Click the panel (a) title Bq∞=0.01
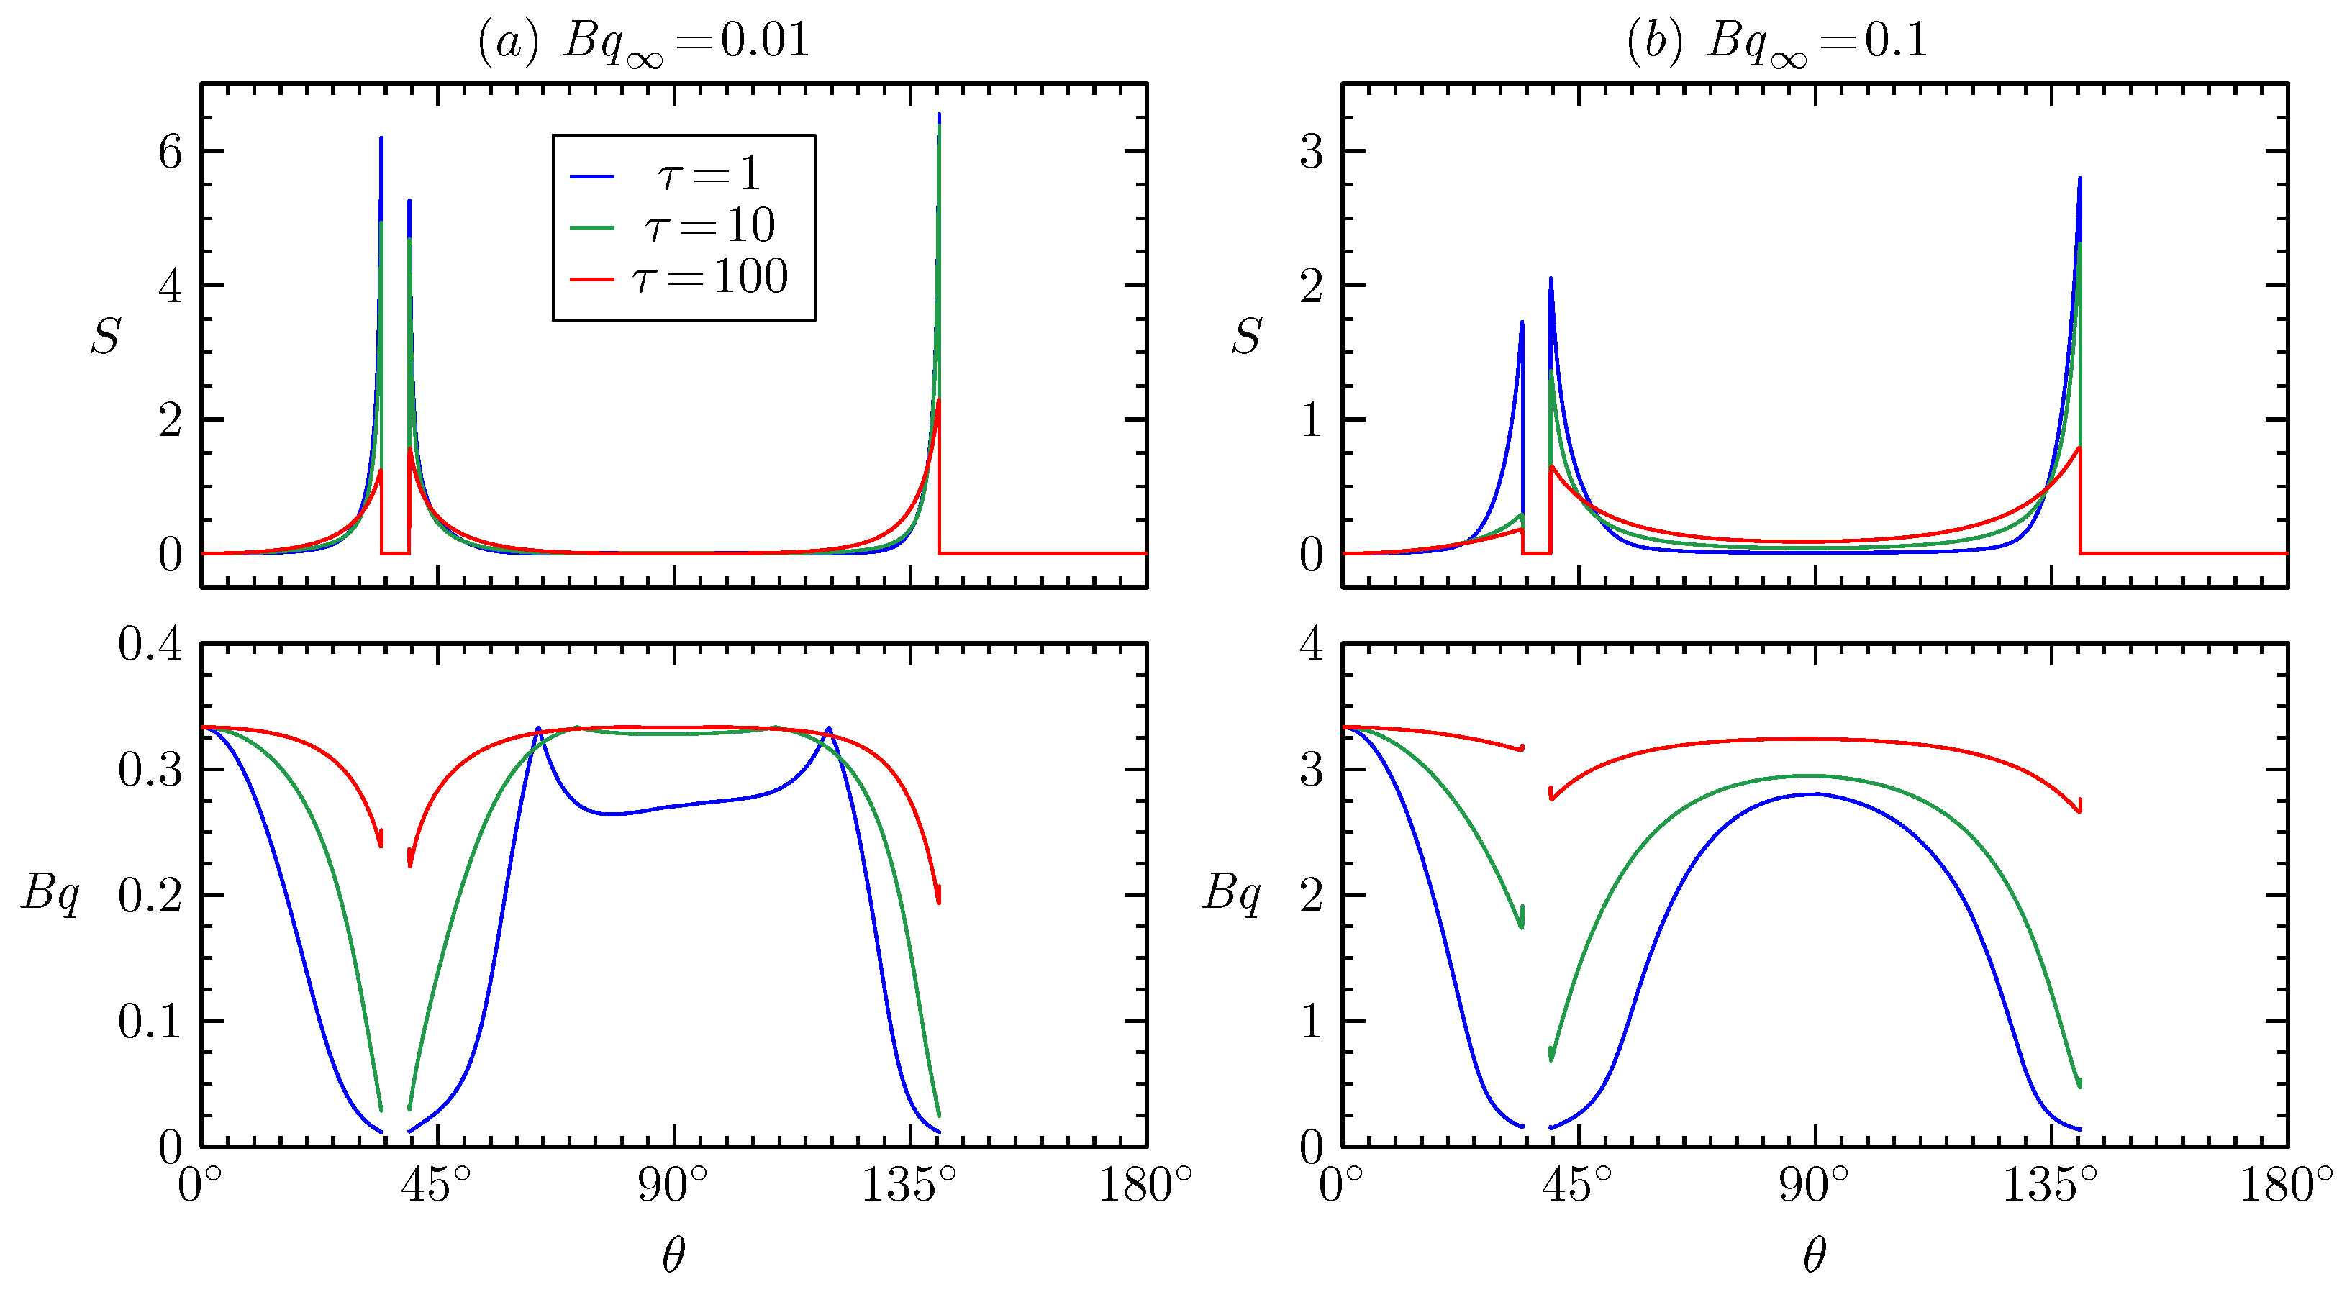[x=643, y=41]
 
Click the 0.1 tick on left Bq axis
[x=150, y=1022]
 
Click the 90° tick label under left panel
[x=673, y=1186]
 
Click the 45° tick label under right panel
[x=1577, y=1186]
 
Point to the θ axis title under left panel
[x=673, y=1255]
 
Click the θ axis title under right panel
[x=1814, y=1255]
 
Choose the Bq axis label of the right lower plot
[x=1232, y=892]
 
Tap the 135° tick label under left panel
[x=909, y=1186]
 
